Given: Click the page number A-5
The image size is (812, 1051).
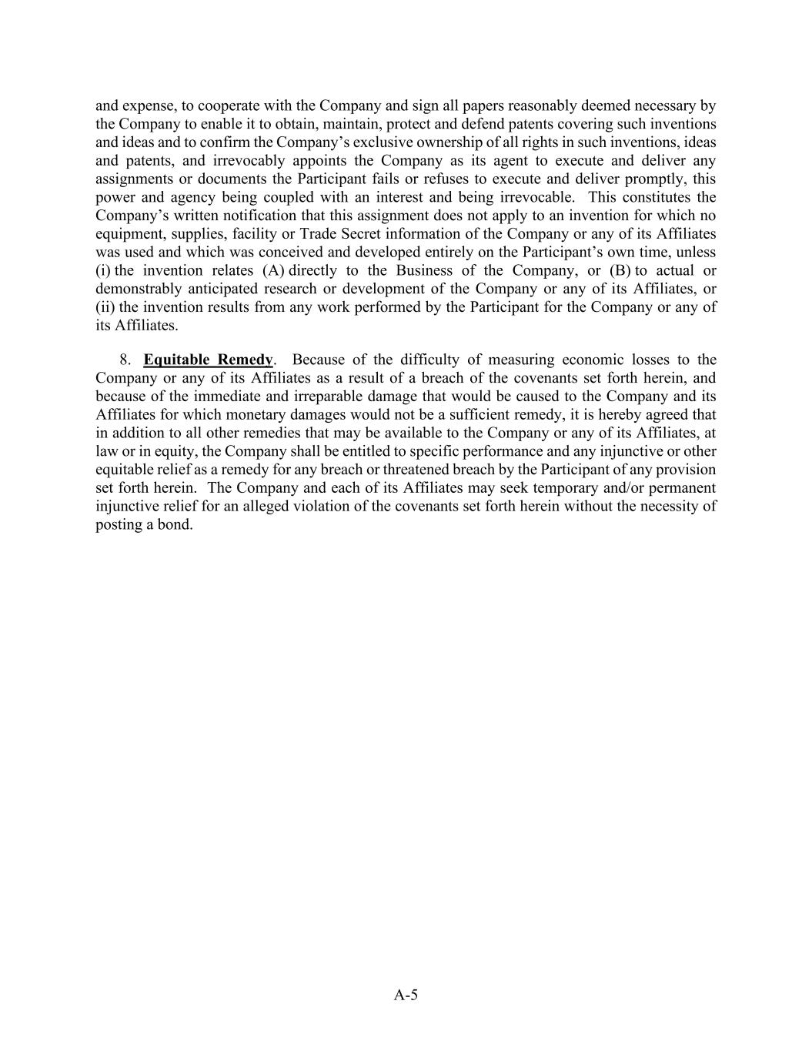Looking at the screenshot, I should point(406,995).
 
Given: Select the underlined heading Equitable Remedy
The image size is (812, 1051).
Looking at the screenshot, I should point(208,360).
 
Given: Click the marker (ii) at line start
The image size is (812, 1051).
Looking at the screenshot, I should point(105,307).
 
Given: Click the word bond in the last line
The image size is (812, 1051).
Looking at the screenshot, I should point(173,525).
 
